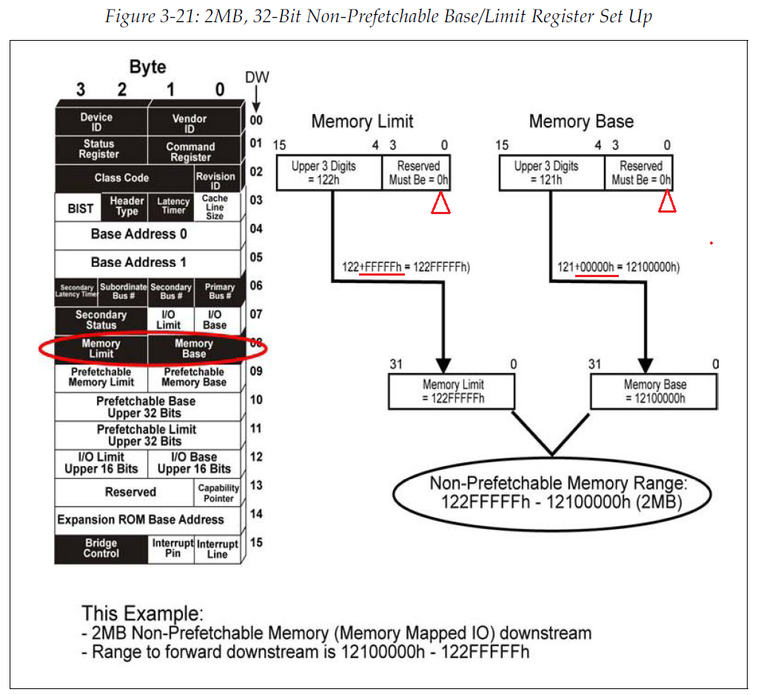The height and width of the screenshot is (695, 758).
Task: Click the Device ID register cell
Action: (97, 122)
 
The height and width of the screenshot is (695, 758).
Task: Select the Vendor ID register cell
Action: (189, 122)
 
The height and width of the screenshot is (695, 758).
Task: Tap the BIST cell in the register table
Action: (81, 208)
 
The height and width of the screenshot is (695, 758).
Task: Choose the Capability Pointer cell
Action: (218, 493)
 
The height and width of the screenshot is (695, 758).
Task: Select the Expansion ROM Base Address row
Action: (141, 519)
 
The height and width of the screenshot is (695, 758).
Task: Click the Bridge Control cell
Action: (101, 548)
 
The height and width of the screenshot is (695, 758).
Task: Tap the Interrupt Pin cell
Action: (172, 548)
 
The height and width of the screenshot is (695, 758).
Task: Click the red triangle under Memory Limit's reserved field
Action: (441, 204)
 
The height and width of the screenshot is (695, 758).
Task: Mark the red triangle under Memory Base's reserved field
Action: (667, 203)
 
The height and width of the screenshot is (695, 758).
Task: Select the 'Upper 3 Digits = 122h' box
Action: (329, 173)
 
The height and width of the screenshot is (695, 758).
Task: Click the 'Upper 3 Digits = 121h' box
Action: (551, 173)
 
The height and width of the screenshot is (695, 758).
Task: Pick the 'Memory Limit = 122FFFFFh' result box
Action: (452, 391)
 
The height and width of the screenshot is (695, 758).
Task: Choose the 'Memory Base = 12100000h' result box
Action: (654, 391)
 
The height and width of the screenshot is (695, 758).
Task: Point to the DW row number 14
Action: (256, 514)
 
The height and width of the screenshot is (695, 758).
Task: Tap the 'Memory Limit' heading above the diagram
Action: (362, 122)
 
